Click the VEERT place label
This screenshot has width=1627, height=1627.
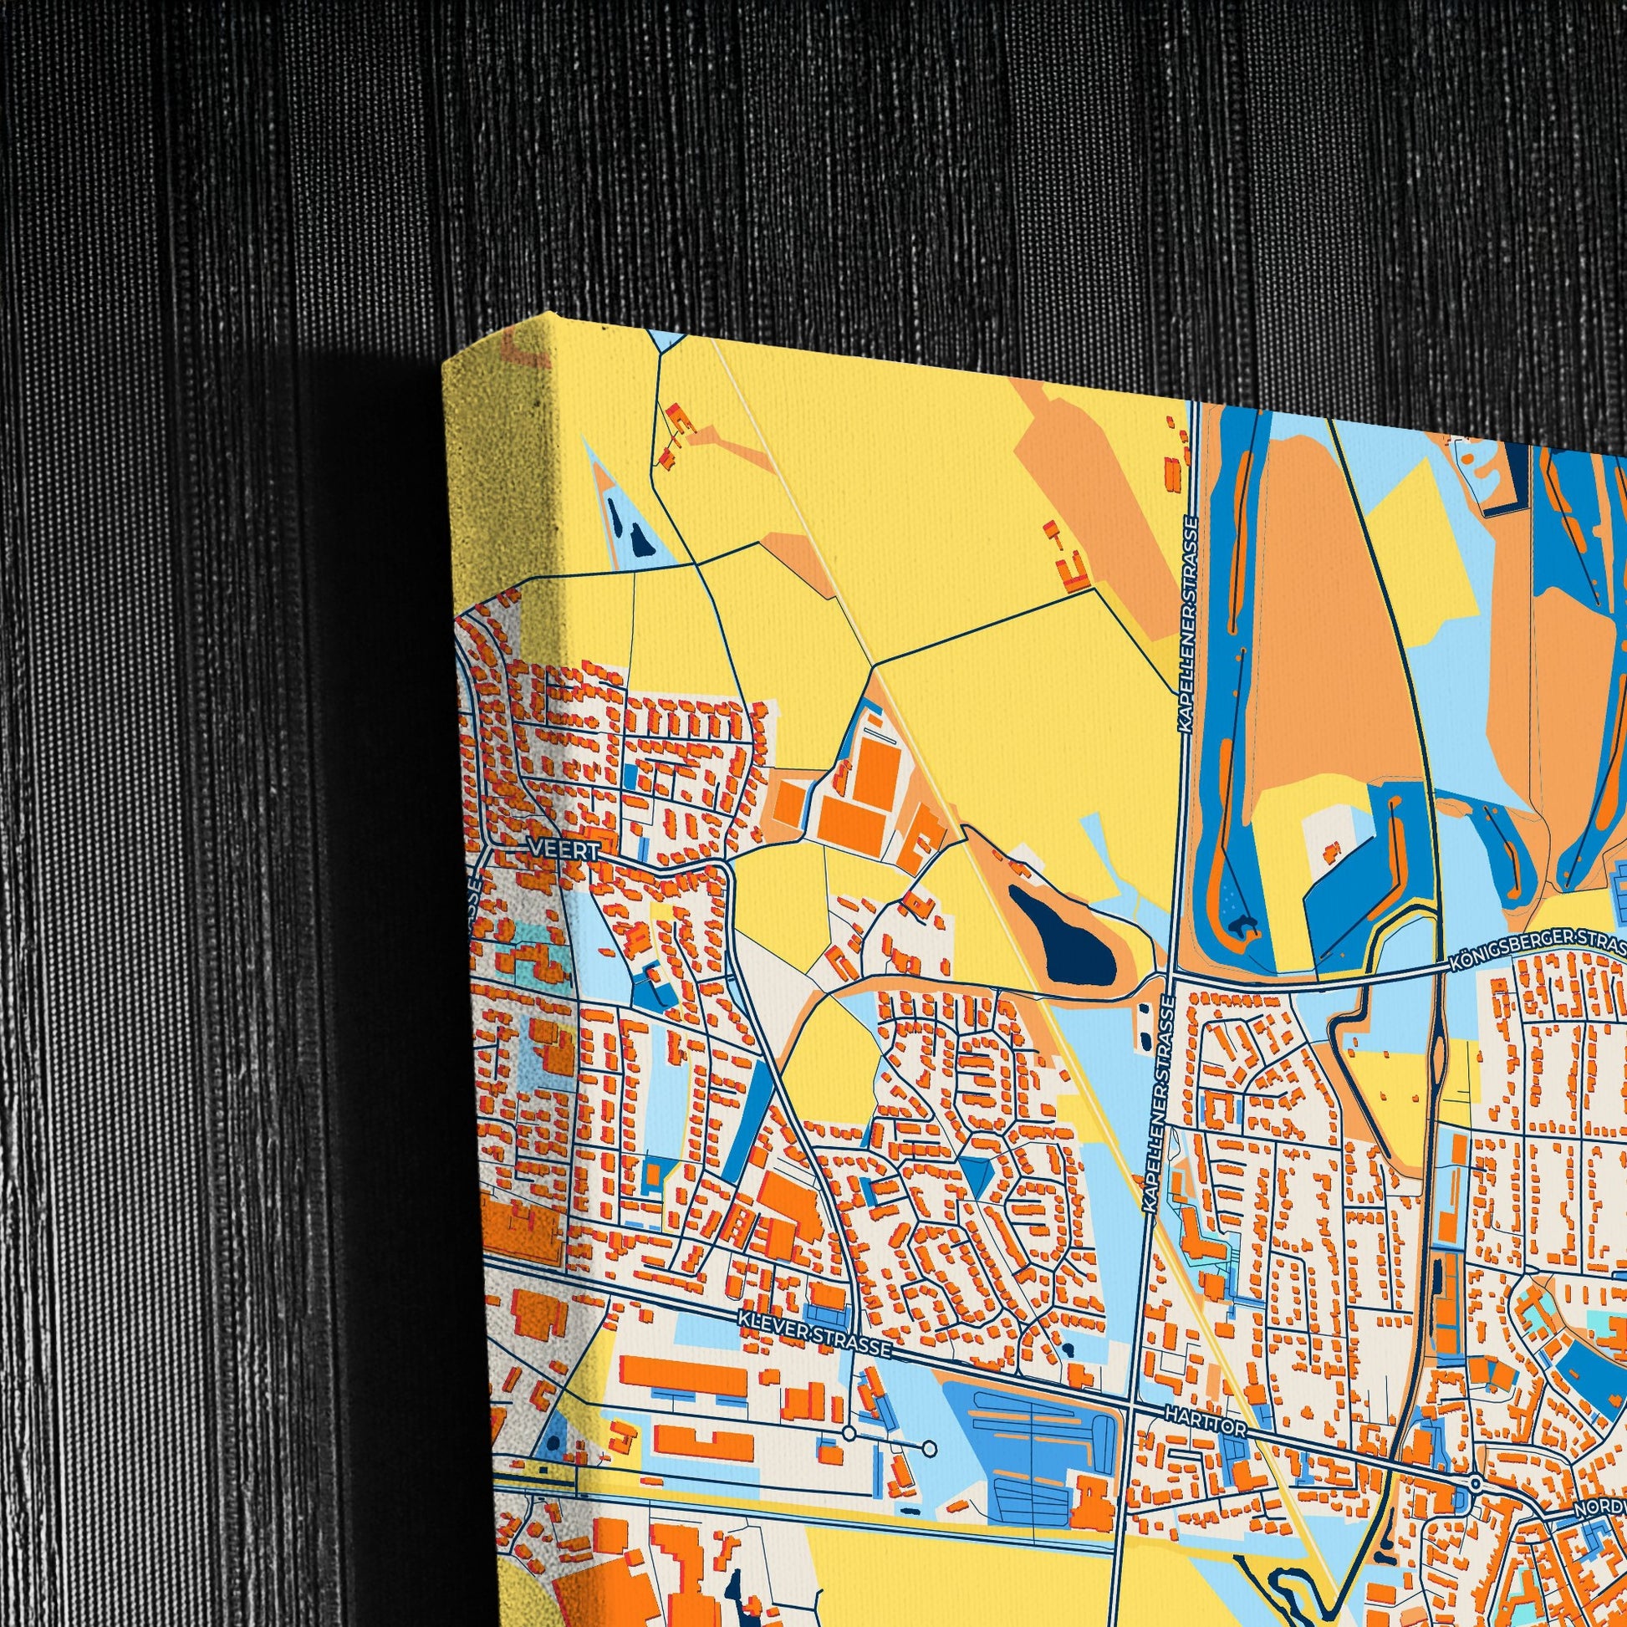564,851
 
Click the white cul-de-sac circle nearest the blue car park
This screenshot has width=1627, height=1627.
929,1448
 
